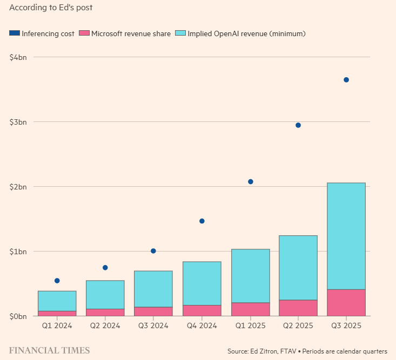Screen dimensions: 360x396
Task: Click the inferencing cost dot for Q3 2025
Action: coord(346,80)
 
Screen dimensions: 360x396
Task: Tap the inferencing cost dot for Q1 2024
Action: coord(57,281)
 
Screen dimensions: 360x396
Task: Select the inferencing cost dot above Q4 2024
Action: coord(202,221)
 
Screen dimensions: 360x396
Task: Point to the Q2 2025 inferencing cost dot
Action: coord(298,125)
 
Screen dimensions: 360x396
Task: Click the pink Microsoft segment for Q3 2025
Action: coord(346,302)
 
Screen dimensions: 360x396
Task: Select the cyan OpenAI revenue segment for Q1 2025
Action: coord(250,275)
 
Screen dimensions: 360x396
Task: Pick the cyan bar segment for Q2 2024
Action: coord(105,294)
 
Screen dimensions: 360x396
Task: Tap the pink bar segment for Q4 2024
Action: coord(202,310)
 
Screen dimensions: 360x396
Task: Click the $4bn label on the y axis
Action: coord(19,57)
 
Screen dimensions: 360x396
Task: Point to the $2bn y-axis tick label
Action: coord(19,187)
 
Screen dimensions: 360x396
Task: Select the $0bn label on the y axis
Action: coord(19,316)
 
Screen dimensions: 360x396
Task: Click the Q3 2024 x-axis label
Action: coord(153,325)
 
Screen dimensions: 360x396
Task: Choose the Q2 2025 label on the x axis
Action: coord(298,325)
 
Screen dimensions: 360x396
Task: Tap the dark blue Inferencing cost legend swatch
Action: coord(15,33)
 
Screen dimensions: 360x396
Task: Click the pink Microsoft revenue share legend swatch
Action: coord(84,33)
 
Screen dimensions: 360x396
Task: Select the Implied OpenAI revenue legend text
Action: coord(247,33)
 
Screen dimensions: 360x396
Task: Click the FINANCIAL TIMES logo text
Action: coord(49,351)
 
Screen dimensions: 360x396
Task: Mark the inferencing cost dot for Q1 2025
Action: coord(250,181)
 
